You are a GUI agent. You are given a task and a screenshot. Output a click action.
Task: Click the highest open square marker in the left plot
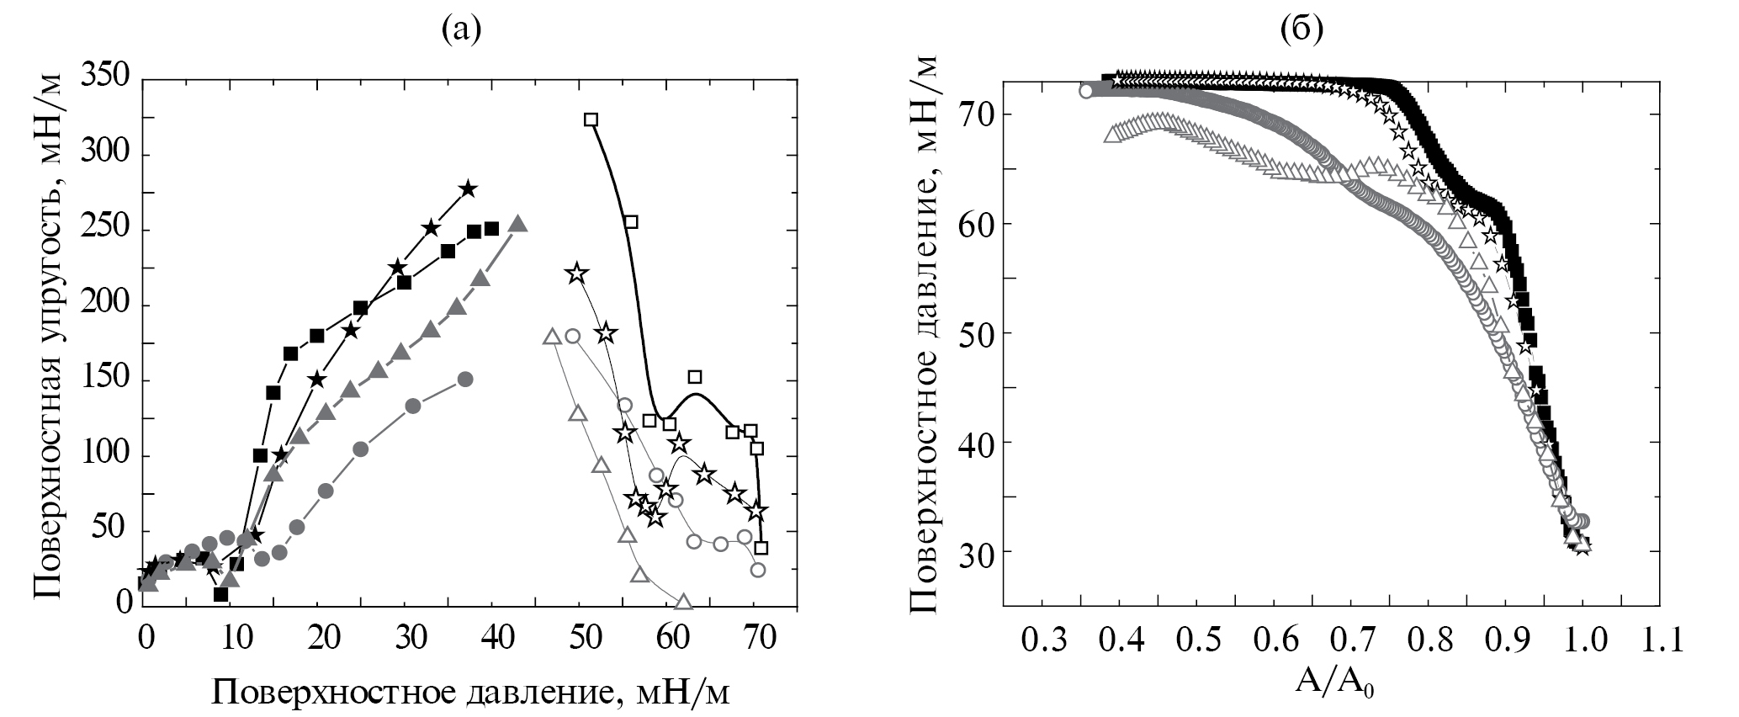click(x=591, y=119)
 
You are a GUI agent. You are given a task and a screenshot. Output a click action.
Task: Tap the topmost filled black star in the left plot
click(x=469, y=189)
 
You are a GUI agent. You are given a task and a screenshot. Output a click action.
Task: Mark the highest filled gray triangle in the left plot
click(x=518, y=225)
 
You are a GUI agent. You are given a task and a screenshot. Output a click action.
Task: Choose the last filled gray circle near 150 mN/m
click(x=465, y=379)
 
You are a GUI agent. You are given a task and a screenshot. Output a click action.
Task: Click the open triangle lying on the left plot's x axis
click(x=683, y=602)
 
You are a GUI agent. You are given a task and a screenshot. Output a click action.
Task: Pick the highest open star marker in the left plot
click(x=576, y=274)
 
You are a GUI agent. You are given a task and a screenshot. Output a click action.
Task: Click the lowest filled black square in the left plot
click(x=221, y=594)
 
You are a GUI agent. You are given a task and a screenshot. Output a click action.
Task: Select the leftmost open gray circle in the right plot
click(x=1086, y=91)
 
